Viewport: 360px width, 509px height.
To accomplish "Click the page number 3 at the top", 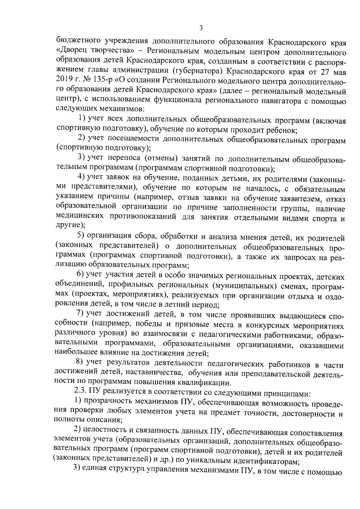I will (x=201, y=28).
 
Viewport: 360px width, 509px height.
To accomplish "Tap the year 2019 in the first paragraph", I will (x=64, y=81).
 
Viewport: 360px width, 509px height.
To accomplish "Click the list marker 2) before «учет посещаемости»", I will (x=82, y=138).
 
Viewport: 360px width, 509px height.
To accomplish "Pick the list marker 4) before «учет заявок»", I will (x=82, y=177).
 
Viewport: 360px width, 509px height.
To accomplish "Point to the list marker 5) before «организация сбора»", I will (x=82, y=237).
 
